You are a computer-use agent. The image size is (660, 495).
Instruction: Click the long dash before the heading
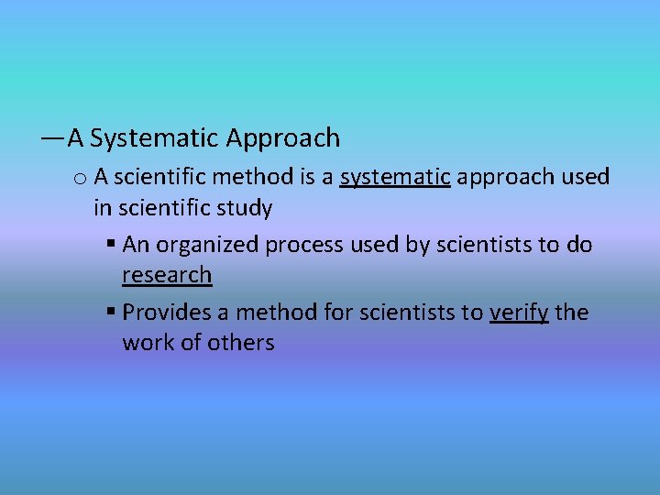(52, 138)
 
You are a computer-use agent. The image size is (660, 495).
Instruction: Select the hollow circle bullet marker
(79, 178)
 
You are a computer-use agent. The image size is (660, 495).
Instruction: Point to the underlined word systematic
(394, 177)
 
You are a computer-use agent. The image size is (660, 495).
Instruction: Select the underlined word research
(167, 275)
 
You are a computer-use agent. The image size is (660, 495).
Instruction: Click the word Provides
(167, 313)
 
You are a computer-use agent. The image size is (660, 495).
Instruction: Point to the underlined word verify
(519, 313)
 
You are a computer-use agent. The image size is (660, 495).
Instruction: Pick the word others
(240, 343)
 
